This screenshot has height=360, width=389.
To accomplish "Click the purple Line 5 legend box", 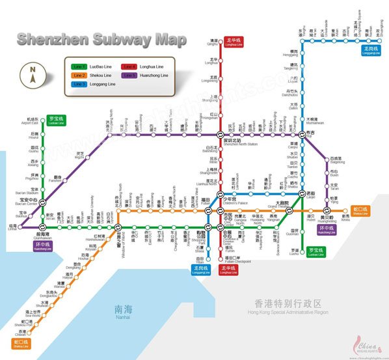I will (x=129, y=76).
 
